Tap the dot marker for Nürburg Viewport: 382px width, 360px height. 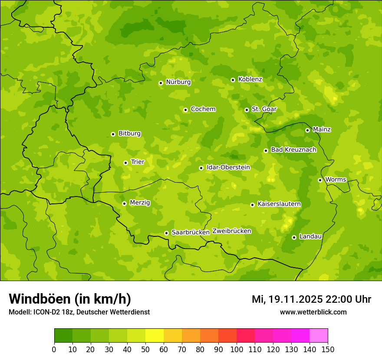pos(161,83)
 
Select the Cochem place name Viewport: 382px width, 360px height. pos(203,109)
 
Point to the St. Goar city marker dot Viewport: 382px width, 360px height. pos(247,110)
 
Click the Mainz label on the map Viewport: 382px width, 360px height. pos(322,130)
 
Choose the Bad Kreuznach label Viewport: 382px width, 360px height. pos(293,150)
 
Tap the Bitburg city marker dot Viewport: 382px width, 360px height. pos(113,134)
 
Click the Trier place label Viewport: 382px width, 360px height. pos(138,162)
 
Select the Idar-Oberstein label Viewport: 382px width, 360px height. pos(228,167)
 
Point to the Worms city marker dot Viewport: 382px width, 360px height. pos(320,180)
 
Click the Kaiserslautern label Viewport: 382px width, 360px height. pos(279,204)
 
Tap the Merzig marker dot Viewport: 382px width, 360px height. pos(124,203)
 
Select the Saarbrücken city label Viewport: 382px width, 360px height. pos(191,232)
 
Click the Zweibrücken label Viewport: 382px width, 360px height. pos(232,231)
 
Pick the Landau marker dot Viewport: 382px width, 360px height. pos(294,237)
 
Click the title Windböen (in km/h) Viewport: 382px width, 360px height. pos(70,299)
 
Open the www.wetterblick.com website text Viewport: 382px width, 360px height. pos(313,312)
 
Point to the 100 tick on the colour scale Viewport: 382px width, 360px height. pos(237,349)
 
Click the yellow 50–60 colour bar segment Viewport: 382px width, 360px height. pos(155,336)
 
